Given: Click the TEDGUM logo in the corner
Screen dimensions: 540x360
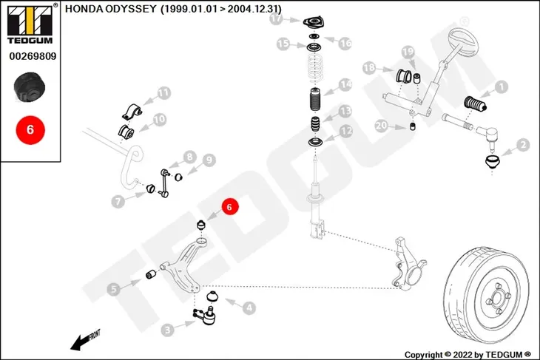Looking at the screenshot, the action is [x=30, y=24].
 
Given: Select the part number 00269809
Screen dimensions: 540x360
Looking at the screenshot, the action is [x=33, y=56].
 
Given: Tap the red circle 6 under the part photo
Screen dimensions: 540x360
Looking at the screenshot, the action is [x=30, y=130].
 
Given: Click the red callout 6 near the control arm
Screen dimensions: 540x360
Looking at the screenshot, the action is [x=230, y=206].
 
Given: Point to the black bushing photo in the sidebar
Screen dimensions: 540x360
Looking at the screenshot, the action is [x=30, y=87].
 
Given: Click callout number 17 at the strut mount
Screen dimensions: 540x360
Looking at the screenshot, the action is [x=276, y=19].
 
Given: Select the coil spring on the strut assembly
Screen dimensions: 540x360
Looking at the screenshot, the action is [x=315, y=67].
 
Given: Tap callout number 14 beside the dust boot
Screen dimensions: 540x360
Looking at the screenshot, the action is [x=345, y=84].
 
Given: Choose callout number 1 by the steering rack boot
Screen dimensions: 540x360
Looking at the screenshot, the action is [x=501, y=86].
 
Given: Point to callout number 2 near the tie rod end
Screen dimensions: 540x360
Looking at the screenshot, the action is [x=523, y=145].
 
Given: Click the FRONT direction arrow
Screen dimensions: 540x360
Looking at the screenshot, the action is [x=85, y=340].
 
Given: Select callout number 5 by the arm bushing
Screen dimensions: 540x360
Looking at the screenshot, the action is [x=114, y=289].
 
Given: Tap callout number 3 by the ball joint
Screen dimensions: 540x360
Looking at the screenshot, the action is [x=167, y=330].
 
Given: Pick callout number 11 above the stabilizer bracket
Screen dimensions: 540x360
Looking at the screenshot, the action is [x=164, y=93].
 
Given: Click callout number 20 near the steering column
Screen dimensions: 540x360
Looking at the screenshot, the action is [x=381, y=126].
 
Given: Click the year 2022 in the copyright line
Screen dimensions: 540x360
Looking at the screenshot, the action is [x=464, y=355].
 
